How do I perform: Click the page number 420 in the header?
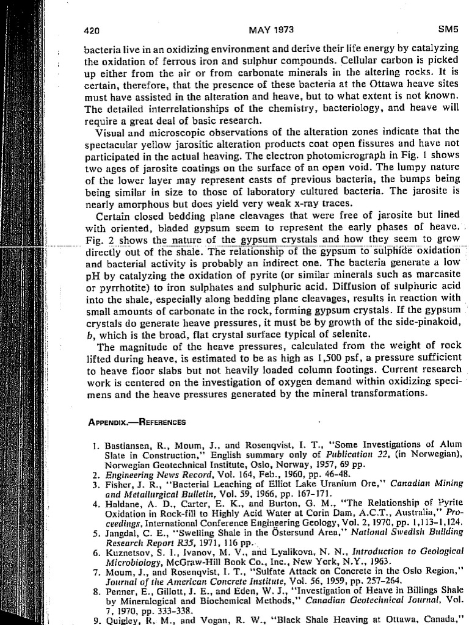91,29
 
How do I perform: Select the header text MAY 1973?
271,28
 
